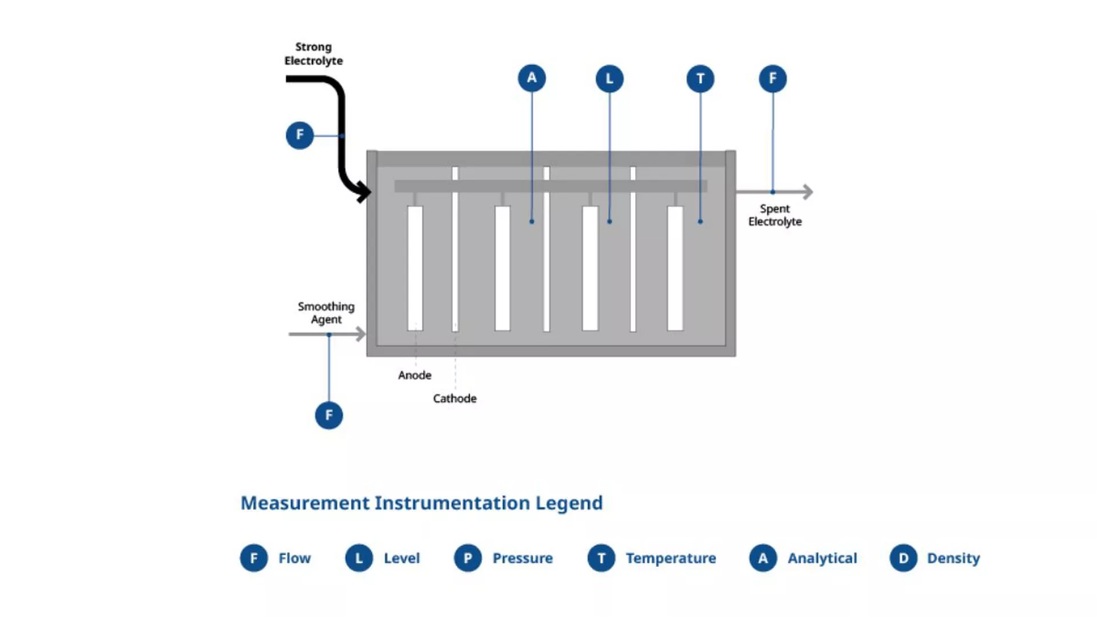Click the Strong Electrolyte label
[x=313, y=54]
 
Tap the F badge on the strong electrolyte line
[x=299, y=135]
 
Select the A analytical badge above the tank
[x=531, y=78]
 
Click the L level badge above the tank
[x=609, y=78]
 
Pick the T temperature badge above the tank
[x=700, y=78]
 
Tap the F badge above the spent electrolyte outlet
[x=772, y=78]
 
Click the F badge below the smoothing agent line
[x=329, y=415]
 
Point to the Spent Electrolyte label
[x=775, y=215]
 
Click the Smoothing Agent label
[x=326, y=313]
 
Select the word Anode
[x=414, y=375]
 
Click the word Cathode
[x=454, y=399]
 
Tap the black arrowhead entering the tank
[x=363, y=191]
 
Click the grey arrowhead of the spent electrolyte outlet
[x=807, y=192]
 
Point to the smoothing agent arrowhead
[x=361, y=334]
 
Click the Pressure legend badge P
[x=467, y=558]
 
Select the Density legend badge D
[x=903, y=558]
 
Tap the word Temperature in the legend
[x=671, y=558]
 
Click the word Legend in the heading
[x=568, y=503]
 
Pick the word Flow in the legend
[x=294, y=558]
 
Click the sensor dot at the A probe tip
[x=531, y=221]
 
